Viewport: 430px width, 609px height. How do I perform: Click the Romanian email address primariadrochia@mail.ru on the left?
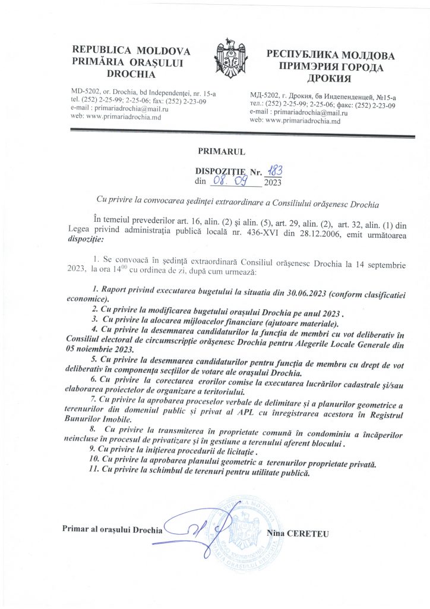click(117, 109)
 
